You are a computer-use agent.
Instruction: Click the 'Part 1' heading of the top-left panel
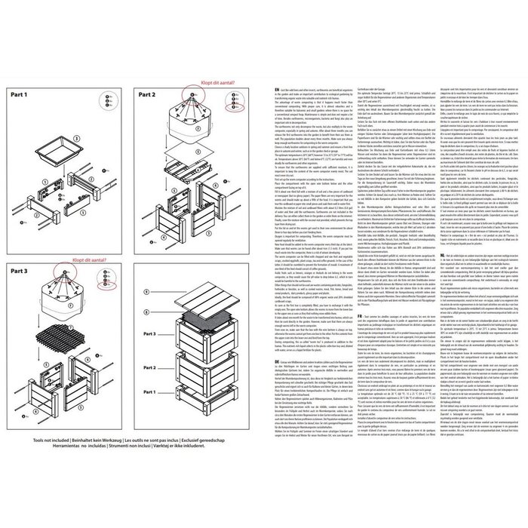(x=23, y=96)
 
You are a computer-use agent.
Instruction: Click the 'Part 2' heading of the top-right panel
(x=146, y=96)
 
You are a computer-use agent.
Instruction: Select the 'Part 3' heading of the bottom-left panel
(x=23, y=269)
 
